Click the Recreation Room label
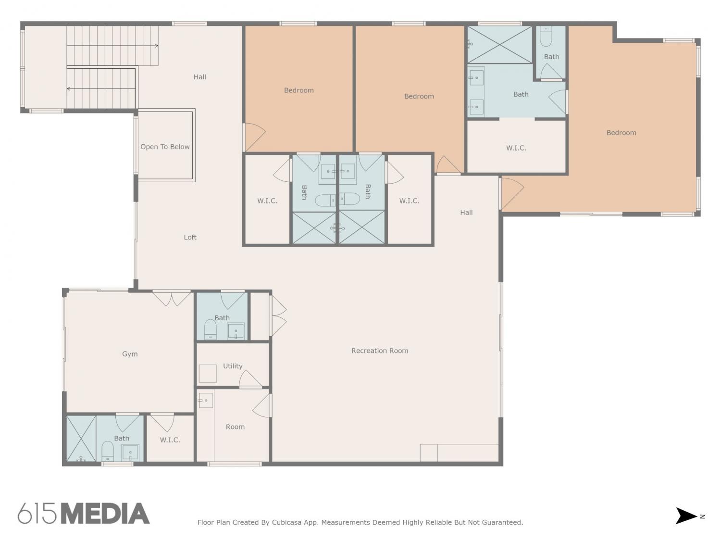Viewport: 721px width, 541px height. pos(380,351)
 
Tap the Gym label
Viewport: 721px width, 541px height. pos(130,354)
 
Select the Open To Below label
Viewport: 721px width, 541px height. pos(165,147)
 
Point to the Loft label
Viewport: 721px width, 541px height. pos(190,237)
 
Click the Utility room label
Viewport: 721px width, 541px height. pos(233,366)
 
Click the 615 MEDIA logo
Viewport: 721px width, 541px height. pos(84,514)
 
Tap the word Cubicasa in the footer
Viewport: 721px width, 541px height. pos(285,522)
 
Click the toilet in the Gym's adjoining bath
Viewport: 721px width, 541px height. pos(107,452)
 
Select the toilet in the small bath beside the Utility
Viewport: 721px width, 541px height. pos(210,329)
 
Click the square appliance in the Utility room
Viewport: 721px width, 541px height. pos(208,374)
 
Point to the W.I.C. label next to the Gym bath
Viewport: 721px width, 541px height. pos(170,440)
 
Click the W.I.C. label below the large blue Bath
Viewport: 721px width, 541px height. pos(516,148)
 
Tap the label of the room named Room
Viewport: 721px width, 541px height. pos(235,427)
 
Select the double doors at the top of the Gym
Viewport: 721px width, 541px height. pos(172,298)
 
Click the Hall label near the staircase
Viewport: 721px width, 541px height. pos(199,77)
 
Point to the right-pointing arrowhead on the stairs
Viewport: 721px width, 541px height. pos(157,46)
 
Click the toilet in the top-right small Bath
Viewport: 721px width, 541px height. pos(546,37)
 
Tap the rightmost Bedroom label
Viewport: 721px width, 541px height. pos(621,133)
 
